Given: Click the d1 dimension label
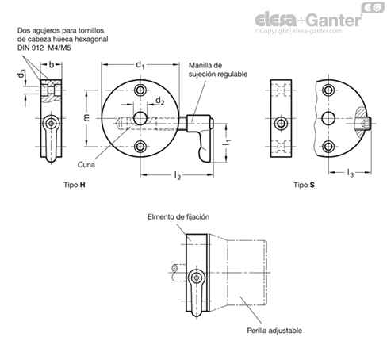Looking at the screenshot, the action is tap(140, 65).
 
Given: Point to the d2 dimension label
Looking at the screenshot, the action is tap(160, 101).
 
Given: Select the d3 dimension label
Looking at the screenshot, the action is tap(22, 75).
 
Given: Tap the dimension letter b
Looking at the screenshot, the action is tap(52, 64).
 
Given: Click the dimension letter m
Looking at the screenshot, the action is tap(87, 117).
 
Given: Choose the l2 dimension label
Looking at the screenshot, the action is tap(178, 175).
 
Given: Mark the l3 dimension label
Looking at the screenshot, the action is tap(350, 173).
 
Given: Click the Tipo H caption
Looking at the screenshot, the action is tap(75, 185).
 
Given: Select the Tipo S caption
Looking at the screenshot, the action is tap(304, 185).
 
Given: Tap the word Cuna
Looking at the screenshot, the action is tap(86, 165).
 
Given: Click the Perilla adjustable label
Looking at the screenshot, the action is tap(274, 331).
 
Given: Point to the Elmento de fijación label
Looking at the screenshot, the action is tap(178, 217).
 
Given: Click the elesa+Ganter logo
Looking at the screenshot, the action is tap(308, 20).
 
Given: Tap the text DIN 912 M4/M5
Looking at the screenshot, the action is tap(44, 48).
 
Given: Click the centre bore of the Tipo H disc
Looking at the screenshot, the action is tap(140, 118).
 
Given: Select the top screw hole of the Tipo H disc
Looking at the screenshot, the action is tap(140, 90).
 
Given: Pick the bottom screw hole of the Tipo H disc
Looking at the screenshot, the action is tap(140, 147).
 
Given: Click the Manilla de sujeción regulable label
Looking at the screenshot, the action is tap(218, 70).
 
